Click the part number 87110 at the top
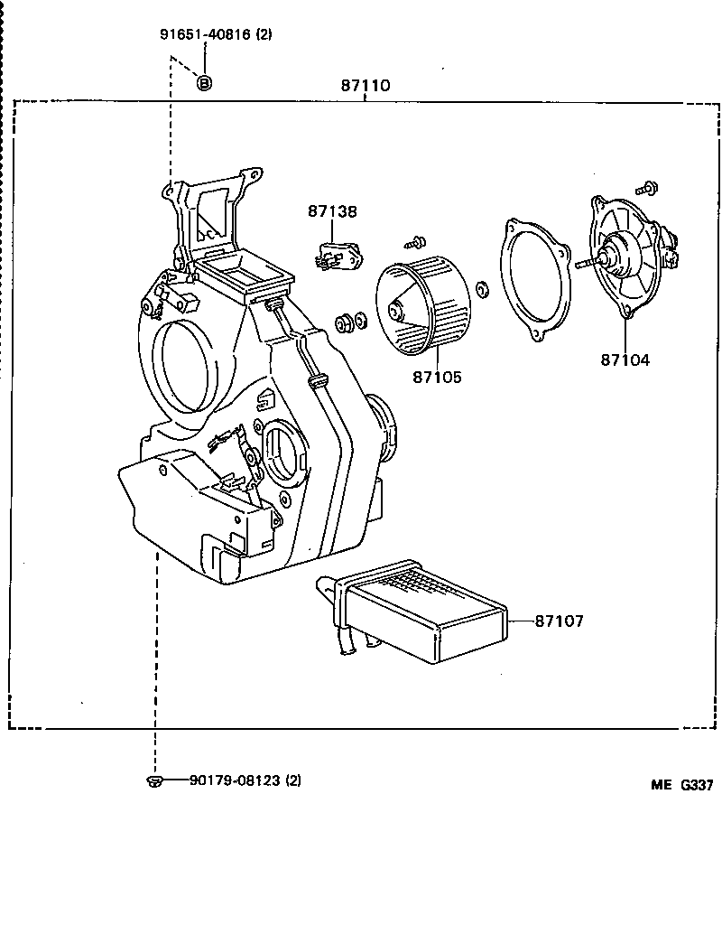(365, 87)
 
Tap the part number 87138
(331, 211)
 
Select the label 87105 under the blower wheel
(437, 377)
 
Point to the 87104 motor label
(625, 360)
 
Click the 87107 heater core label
(559, 621)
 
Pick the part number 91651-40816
(216, 35)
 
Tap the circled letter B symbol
(204, 83)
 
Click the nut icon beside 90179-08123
(153, 780)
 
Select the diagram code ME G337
(682, 785)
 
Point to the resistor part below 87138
(338, 254)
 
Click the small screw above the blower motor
(646, 188)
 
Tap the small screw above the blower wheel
(416, 241)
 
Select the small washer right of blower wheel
(481, 289)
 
